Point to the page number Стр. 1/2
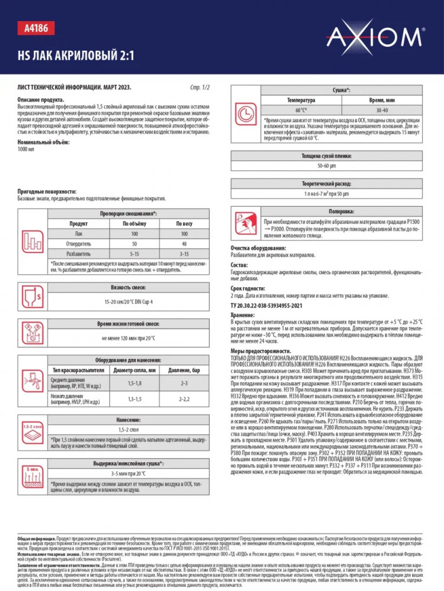pyautogui.click(x=201, y=87)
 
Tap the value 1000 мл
pyautogui.click(x=27, y=149)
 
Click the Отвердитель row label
pyautogui.click(x=78, y=243)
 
